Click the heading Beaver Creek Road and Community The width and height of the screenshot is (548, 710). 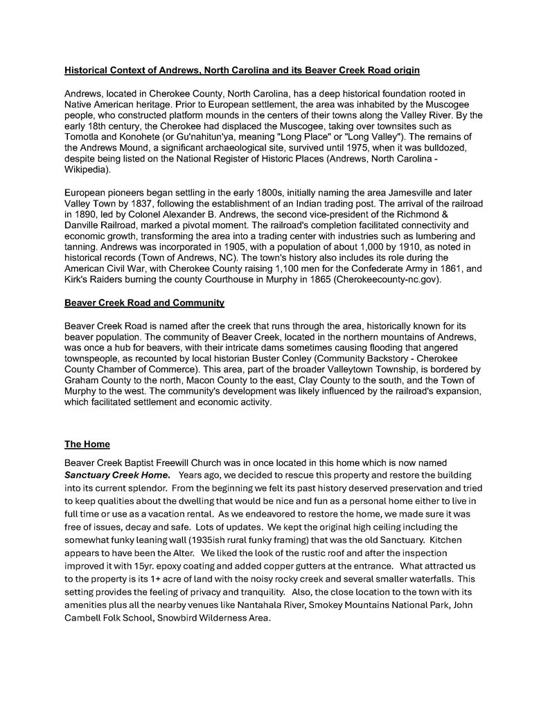point(144,303)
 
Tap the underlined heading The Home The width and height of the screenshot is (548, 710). point(87,444)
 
